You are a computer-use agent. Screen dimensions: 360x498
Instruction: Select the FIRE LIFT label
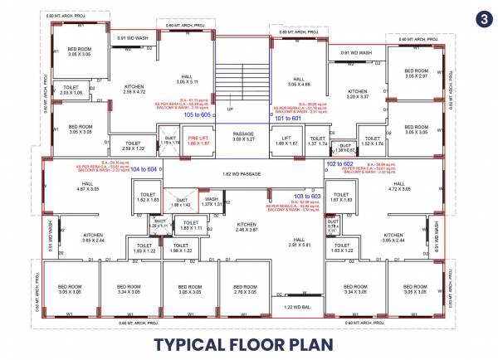(x=197, y=140)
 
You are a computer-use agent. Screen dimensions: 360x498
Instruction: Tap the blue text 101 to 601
(x=289, y=118)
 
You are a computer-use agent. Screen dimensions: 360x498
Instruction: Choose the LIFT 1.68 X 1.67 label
(x=286, y=140)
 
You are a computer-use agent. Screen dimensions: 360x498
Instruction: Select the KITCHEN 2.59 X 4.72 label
(x=134, y=90)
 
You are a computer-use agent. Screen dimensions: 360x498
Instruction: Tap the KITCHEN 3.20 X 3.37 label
(x=358, y=94)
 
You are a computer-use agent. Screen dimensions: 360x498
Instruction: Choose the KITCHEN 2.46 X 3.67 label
(x=246, y=226)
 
